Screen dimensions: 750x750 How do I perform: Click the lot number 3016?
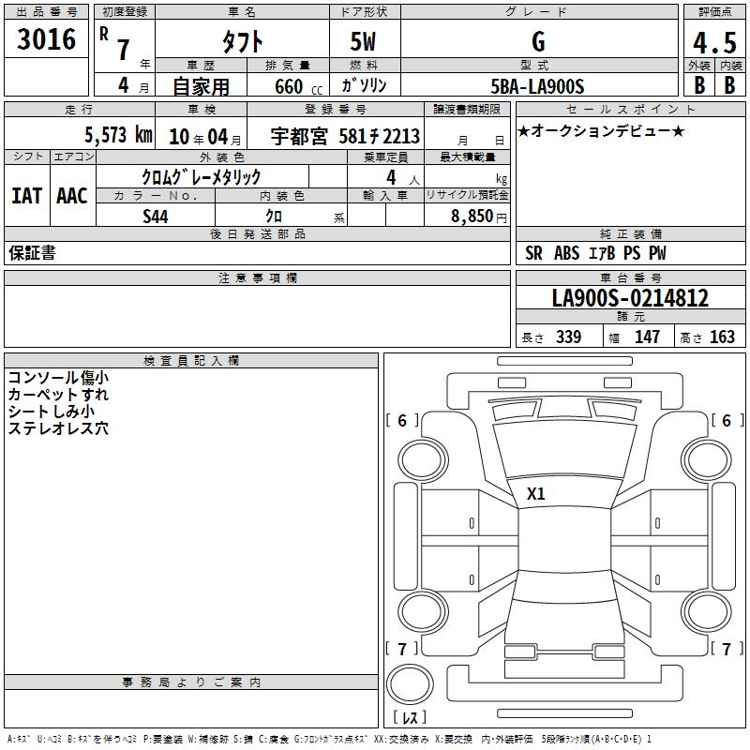pyautogui.click(x=46, y=39)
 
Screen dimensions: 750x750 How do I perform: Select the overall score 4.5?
pyautogui.click(x=714, y=43)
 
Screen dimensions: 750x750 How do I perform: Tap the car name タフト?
pyautogui.click(x=242, y=41)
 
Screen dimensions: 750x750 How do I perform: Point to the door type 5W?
pyautogui.click(x=363, y=41)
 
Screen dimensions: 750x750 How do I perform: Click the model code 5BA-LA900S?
pyautogui.click(x=537, y=86)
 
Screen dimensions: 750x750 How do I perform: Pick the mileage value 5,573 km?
pyautogui.click(x=119, y=135)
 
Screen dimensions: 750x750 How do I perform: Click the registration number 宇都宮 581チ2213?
pyautogui.click(x=345, y=136)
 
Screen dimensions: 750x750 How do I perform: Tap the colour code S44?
pyautogui.click(x=156, y=217)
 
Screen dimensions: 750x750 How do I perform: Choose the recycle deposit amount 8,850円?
pyautogui.click(x=479, y=217)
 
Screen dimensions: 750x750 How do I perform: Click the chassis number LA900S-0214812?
pyautogui.click(x=630, y=298)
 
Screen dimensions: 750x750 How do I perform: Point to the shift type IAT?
pyautogui.click(x=27, y=196)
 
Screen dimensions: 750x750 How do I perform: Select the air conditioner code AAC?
pyautogui.click(x=72, y=196)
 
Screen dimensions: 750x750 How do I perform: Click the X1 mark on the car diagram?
pyautogui.click(x=535, y=494)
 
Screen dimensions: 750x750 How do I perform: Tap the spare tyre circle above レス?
pyautogui.click(x=410, y=683)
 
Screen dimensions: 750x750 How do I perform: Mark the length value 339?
pyautogui.click(x=569, y=337)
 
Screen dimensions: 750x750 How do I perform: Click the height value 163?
pyautogui.click(x=722, y=337)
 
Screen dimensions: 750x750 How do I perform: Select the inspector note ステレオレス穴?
pyautogui.click(x=58, y=428)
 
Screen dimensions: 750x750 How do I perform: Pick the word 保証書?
pyautogui.click(x=32, y=253)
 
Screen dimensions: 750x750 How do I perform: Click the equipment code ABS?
pyautogui.click(x=567, y=253)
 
